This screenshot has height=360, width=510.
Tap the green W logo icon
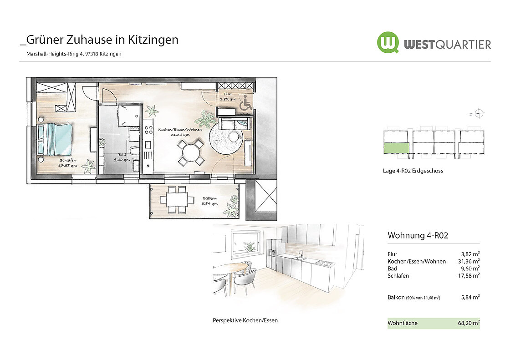pos(388,42)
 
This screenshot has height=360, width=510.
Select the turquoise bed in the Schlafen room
pos(55,139)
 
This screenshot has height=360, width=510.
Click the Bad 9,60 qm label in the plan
pos(122,157)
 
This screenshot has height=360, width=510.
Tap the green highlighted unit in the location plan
pos(397,148)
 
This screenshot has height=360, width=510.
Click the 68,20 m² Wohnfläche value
pos(469,323)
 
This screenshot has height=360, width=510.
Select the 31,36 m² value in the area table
pos(469,261)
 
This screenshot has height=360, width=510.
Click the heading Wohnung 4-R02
pos(418,235)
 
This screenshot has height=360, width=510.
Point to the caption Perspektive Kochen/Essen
pos(245,320)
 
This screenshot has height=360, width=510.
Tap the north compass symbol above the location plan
pos(479,113)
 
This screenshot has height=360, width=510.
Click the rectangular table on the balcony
pos(177,199)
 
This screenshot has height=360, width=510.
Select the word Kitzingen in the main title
pos(153,40)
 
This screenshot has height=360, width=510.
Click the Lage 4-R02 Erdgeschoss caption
pos(413,171)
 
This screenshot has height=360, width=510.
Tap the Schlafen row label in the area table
pos(398,276)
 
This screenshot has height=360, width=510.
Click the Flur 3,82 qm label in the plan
pos(228,96)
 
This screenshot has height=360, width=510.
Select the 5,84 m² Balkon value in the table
pos(470,297)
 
